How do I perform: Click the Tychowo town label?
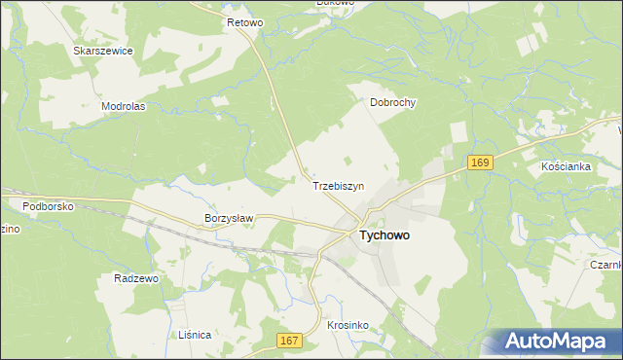click(x=385, y=235)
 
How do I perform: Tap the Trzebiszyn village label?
click(x=338, y=185)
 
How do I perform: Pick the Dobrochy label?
click(x=393, y=101)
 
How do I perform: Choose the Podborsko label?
click(x=49, y=205)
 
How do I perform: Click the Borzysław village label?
click(x=229, y=218)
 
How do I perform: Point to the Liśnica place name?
click(x=195, y=334)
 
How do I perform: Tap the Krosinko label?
click(x=347, y=325)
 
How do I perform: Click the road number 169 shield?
click(x=481, y=162)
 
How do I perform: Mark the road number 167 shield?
click(x=289, y=340)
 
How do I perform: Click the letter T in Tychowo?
click(x=364, y=235)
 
